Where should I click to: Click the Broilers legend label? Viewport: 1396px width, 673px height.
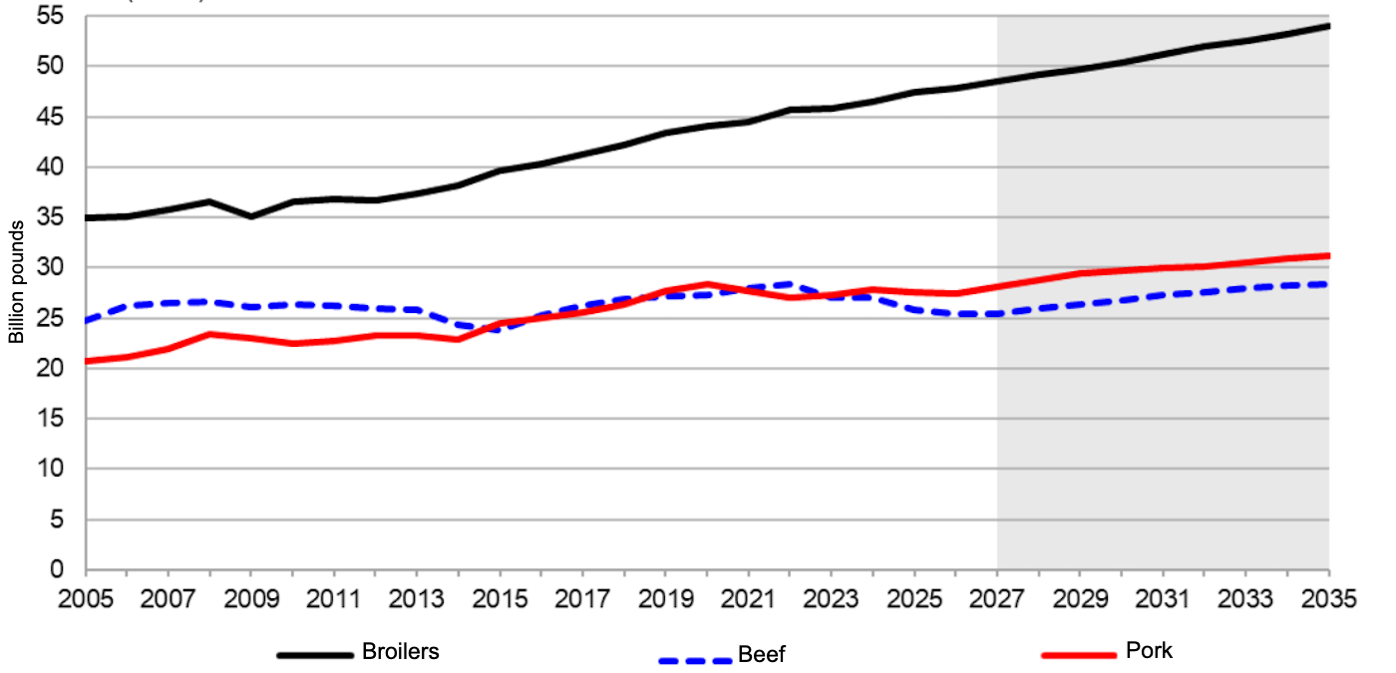click(400, 652)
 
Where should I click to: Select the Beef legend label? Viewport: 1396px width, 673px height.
click(762, 655)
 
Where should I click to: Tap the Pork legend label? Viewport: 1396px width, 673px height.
click(1149, 651)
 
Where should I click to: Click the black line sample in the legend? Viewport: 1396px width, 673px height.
click(315, 655)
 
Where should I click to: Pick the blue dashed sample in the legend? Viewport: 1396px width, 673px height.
click(695, 659)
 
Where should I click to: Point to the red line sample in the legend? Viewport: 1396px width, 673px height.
click(1078, 655)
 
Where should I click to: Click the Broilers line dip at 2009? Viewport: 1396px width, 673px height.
click(251, 216)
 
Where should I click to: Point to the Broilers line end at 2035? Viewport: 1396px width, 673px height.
click(1328, 25)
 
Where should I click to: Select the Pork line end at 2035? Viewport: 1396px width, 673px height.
click(1328, 255)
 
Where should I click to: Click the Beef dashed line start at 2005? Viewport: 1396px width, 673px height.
click(87, 321)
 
